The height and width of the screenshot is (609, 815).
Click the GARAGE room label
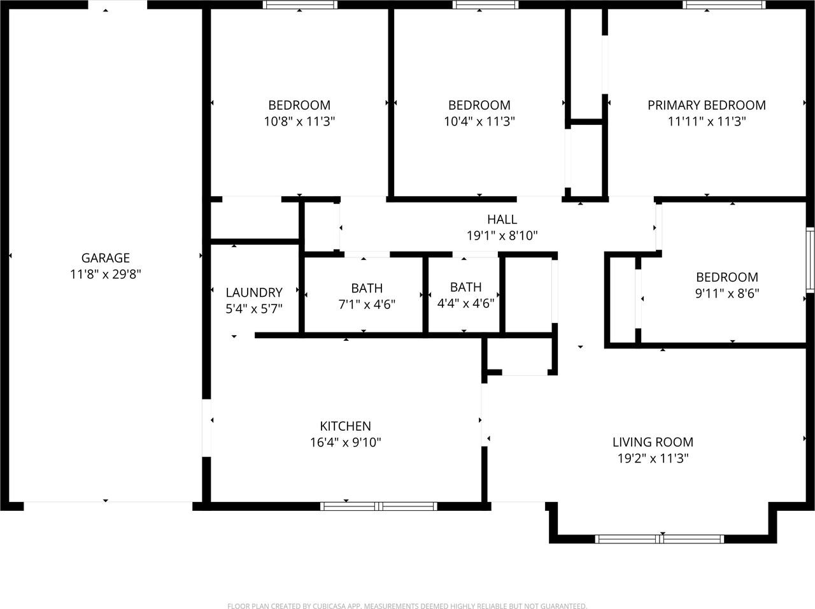105,258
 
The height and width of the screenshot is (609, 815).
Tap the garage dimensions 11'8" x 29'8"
105,275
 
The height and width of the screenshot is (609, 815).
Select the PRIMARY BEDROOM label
706,105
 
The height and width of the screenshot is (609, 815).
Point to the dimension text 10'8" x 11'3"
299,121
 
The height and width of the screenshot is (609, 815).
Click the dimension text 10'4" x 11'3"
479,121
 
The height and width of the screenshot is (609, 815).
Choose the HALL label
502,220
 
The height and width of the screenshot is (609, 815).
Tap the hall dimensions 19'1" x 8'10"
502,236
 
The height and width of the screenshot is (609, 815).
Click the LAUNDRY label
254,292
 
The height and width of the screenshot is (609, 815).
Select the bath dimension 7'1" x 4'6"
366,304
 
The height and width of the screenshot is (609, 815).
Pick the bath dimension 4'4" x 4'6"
465,303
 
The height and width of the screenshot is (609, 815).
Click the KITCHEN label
345,426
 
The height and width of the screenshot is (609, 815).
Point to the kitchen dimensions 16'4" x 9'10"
345,443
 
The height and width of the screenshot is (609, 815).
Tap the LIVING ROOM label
653,442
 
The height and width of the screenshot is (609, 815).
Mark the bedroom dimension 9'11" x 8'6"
726,293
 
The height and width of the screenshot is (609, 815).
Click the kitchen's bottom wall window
378,506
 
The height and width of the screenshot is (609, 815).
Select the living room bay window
659,539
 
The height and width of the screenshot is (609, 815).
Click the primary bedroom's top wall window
723,5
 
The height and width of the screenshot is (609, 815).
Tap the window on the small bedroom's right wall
810,260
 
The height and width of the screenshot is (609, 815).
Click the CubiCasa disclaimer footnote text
407,606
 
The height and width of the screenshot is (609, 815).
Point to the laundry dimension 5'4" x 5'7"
254,309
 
